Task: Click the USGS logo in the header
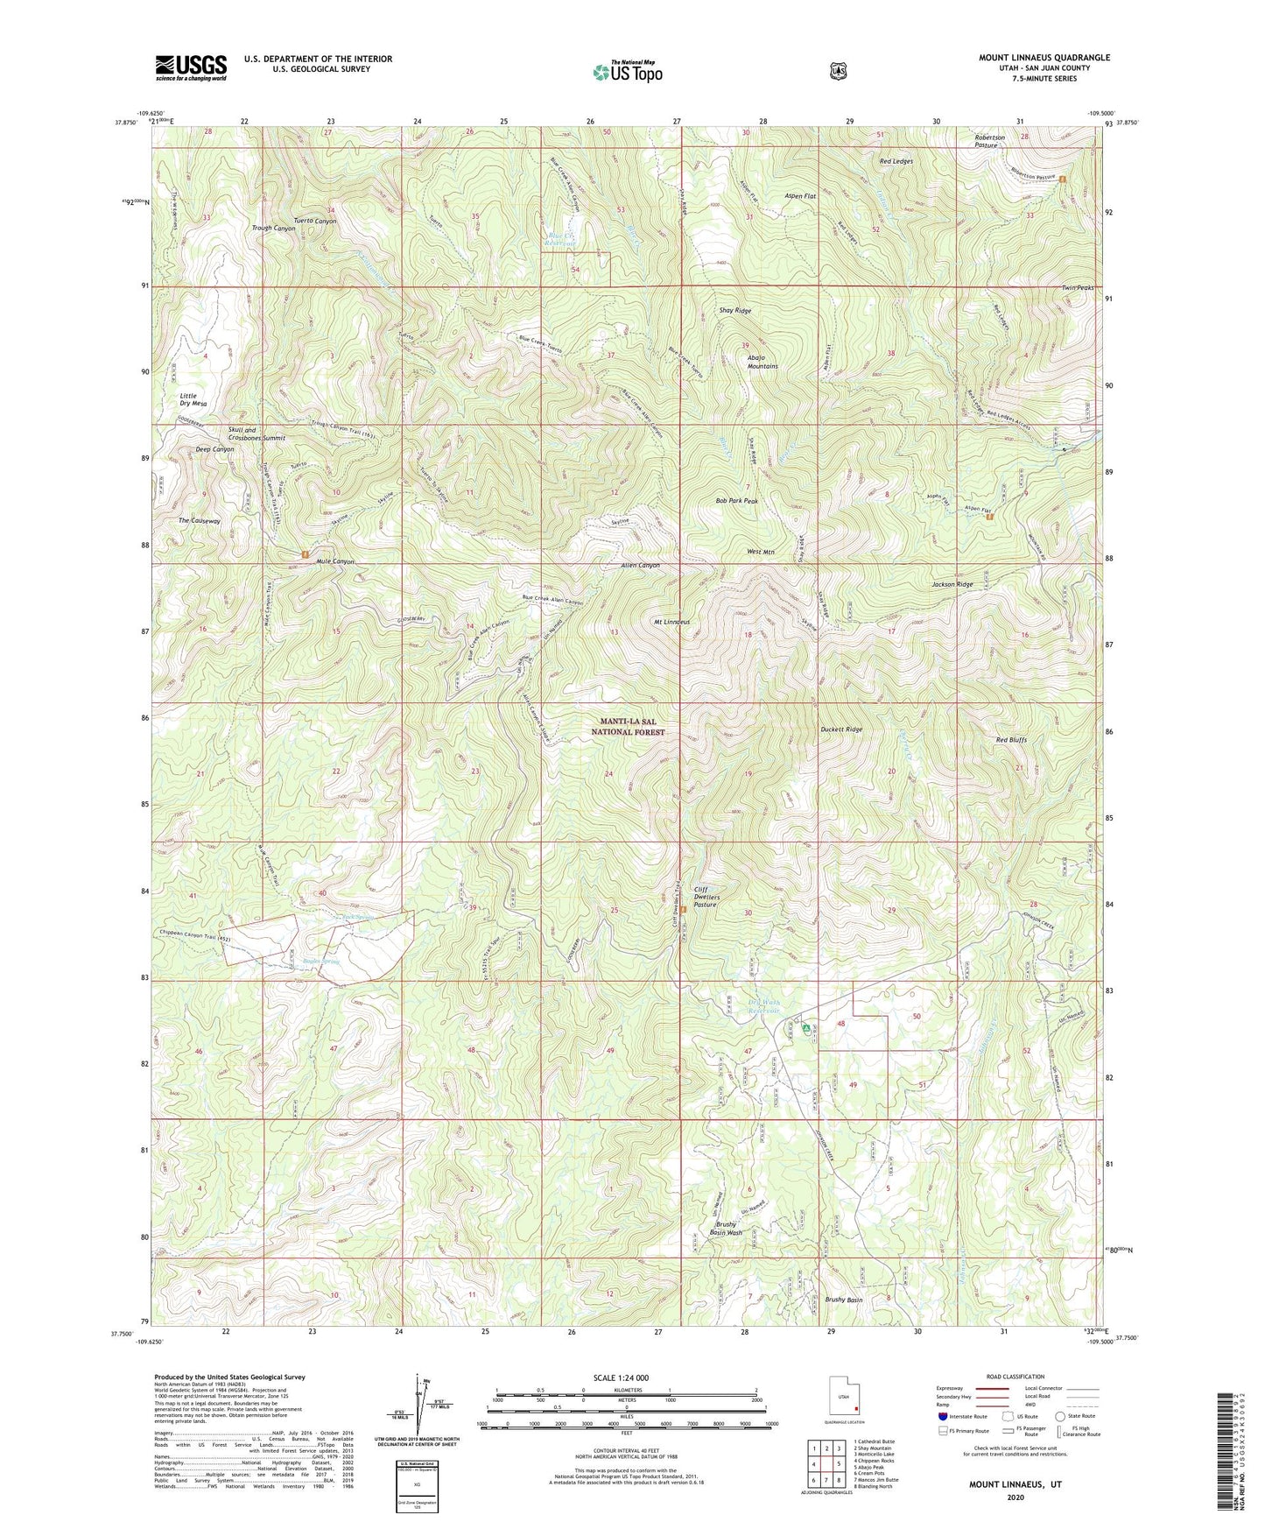click(x=191, y=67)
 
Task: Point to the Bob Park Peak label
click(x=736, y=501)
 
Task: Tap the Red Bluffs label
click(x=1011, y=740)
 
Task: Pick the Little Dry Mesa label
click(x=193, y=400)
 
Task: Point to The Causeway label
click(x=200, y=521)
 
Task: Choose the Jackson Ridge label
click(x=952, y=584)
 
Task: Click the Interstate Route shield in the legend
click(x=942, y=1415)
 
